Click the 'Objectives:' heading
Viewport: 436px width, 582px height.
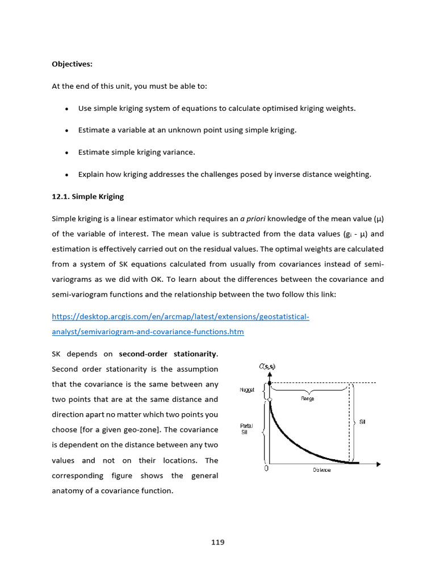(x=72, y=64)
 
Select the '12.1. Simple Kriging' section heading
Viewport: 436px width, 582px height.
(x=87, y=197)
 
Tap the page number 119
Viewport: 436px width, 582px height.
(x=218, y=542)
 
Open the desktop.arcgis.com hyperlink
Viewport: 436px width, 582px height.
(x=181, y=317)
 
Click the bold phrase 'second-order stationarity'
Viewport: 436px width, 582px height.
(x=167, y=354)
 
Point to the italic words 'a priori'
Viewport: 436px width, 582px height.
(x=253, y=219)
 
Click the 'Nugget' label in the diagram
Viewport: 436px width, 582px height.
(x=248, y=390)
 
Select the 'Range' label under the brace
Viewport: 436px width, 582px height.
(x=307, y=399)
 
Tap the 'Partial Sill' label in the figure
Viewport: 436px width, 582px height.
(x=246, y=429)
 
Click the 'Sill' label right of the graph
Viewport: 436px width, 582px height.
(x=362, y=422)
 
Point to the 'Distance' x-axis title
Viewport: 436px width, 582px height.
(x=322, y=471)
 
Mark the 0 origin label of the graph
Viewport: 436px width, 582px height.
(x=266, y=470)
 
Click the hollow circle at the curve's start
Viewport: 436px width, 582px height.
(x=270, y=400)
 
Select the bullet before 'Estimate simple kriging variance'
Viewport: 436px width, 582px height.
(x=67, y=152)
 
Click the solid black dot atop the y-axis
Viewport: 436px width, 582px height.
(x=269, y=383)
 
